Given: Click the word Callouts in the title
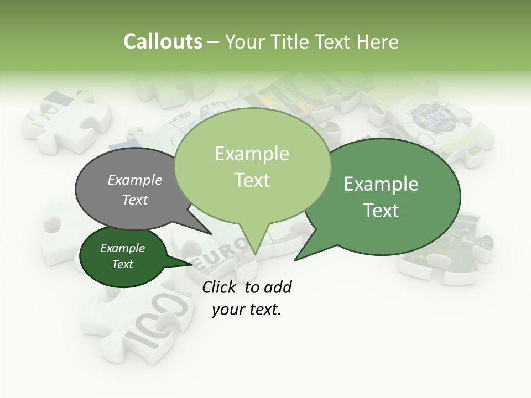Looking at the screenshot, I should point(163,42).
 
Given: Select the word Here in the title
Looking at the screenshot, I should point(378,42).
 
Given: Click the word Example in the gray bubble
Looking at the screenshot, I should point(135,180).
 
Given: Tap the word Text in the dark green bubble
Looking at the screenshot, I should point(123,264).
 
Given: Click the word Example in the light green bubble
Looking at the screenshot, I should point(252,154).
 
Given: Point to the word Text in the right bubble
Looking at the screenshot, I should point(382,211).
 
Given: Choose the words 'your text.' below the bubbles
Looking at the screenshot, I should point(247,310).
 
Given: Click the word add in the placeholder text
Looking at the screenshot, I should point(278,287).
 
